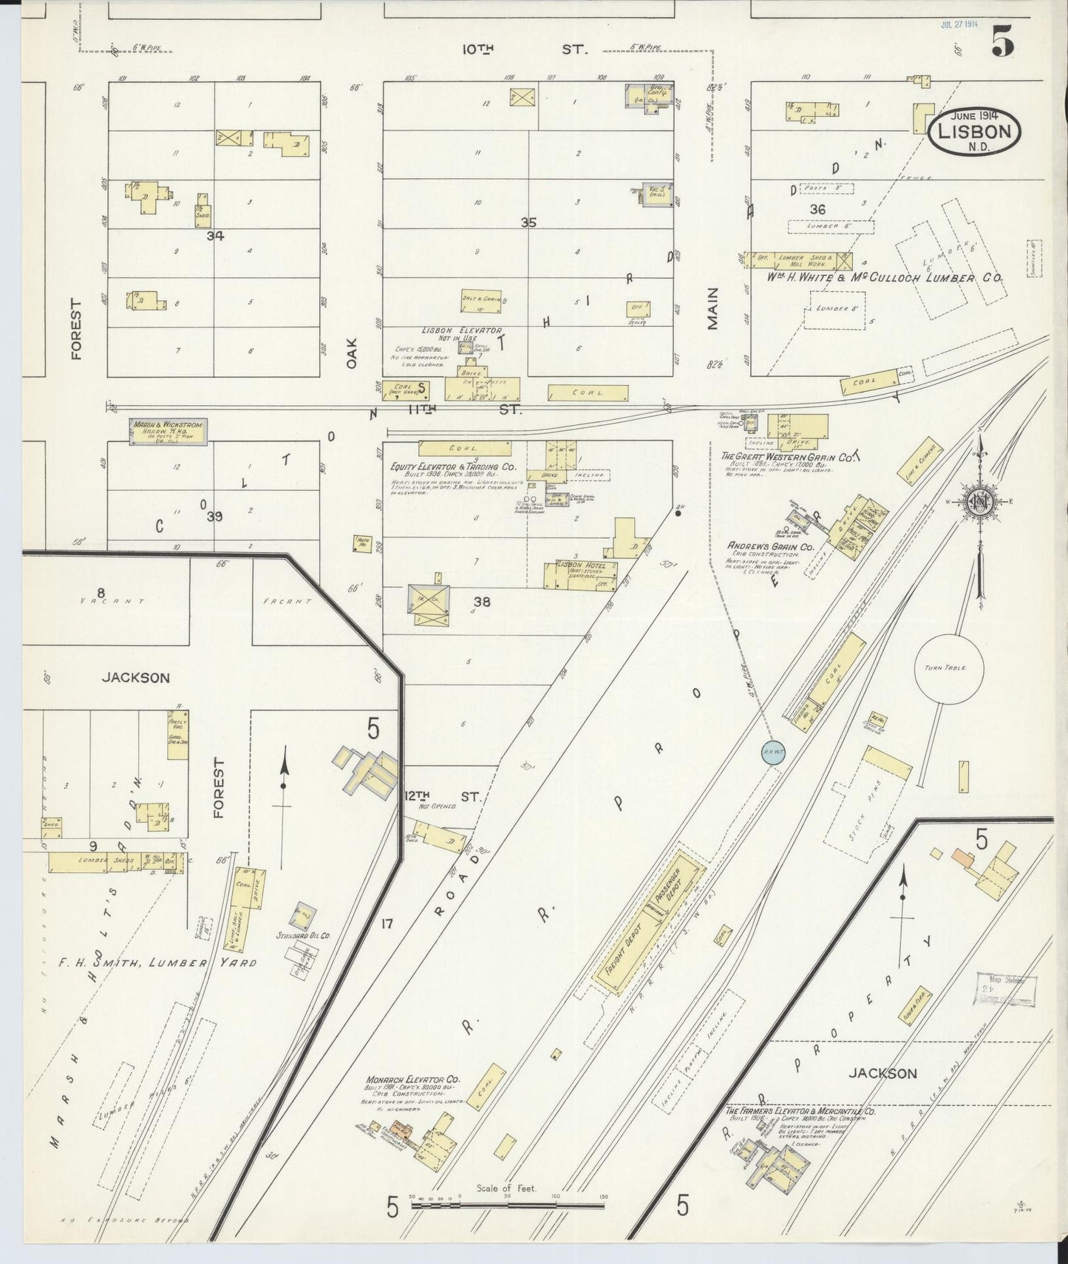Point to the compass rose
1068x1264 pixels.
click(x=981, y=502)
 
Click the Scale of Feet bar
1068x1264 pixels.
click(x=507, y=1205)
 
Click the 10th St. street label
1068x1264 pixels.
click(x=524, y=50)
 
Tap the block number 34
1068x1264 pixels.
click(x=215, y=236)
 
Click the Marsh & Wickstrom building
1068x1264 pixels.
click(x=168, y=432)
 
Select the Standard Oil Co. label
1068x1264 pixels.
click(x=305, y=935)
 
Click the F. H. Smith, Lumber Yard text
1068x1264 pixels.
click(x=157, y=962)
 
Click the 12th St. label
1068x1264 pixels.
click(x=443, y=797)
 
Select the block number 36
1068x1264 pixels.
click(x=817, y=209)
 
